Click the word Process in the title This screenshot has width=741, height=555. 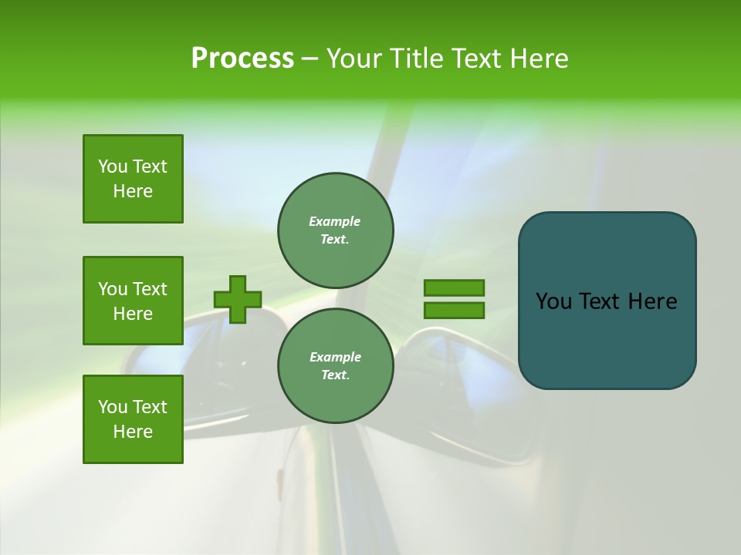point(242,59)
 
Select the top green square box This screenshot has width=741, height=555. point(133,179)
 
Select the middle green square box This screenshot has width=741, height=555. point(133,301)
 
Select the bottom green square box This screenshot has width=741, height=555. point(133,419)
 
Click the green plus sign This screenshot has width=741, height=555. point(238,299)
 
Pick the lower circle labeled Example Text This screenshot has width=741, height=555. point(336,366)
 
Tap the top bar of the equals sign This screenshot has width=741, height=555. point(454,288)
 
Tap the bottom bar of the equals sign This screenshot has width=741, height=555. point(454,311)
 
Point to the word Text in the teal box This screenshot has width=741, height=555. point(600,301)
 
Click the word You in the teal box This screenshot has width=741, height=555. point(553,301)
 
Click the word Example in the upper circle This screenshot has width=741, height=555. point(335,221)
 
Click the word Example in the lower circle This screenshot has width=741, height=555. point(335,357)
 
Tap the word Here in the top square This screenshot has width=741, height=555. point(133,191)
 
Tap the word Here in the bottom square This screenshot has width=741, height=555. point(133,432)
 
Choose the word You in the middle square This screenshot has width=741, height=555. point(113,289)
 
